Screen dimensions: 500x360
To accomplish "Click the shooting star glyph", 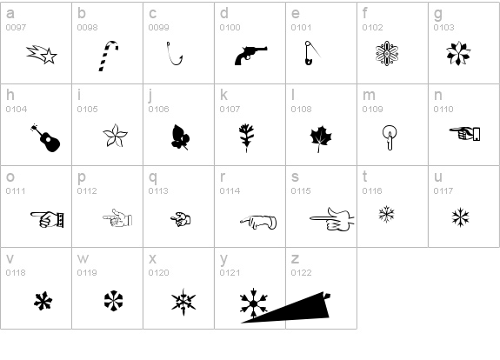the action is click(x=42, y=55).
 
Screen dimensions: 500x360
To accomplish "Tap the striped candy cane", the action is click(x=109, y=56).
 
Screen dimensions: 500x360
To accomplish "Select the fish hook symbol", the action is click(x=175, y=54).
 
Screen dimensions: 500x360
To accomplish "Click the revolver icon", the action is click(x=250, y=56).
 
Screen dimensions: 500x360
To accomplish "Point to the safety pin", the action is click(x=312, y=53).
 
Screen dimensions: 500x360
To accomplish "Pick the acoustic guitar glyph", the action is click(x=46, y=138).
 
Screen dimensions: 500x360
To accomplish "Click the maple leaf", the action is click(x=321, y=139).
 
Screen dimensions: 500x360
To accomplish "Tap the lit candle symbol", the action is click(x=390, y=137).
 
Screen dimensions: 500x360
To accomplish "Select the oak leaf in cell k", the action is click(x=246, y=138).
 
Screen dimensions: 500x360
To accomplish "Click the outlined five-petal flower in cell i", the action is click(x=115, y=136).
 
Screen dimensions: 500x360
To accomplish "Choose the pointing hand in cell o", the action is click(x=47, y=219).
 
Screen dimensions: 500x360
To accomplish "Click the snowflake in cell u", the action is click(x=461, y=217).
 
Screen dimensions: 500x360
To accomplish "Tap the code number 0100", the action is click(x=230, y=28).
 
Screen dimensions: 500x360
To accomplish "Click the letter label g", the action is click(x=438, y=15).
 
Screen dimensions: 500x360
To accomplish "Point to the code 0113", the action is click(x=158, y=191).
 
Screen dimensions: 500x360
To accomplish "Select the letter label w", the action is click(x=83, y=258).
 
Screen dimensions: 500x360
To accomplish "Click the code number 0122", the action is click(x=301, y=273).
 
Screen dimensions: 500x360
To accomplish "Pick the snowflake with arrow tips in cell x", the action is click(x=183, y=302).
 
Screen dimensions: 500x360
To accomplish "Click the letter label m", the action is click(x=369, y=95).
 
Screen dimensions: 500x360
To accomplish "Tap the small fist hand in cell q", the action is click(x=181, y=219).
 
